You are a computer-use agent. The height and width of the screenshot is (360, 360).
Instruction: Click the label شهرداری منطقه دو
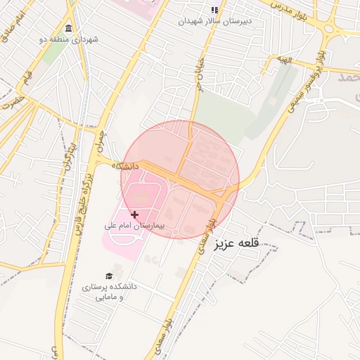tap(68, 39)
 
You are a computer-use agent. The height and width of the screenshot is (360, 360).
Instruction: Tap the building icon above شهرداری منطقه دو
tap(68, 29)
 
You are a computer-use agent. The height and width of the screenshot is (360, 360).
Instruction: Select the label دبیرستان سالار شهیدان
tap(214, 22)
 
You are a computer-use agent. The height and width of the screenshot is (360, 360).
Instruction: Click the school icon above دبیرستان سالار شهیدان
tap(214, 10)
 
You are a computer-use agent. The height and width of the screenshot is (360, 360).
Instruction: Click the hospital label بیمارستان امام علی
tap(134, 226)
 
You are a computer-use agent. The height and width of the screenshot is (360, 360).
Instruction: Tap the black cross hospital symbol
tap(134, 214)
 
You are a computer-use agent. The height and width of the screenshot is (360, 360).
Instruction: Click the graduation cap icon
tap(109, 276)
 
